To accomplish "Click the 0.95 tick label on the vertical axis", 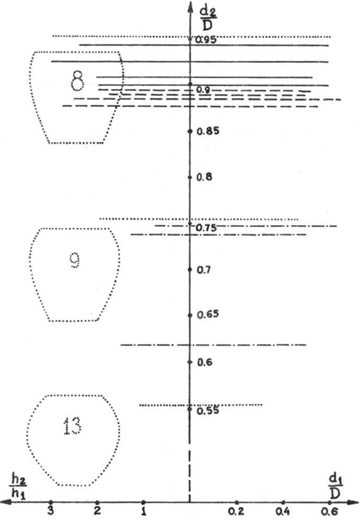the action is coord(206,40).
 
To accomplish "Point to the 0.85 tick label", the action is coord(208,131).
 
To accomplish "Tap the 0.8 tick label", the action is coord(204,177).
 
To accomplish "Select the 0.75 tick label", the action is coord(206,228).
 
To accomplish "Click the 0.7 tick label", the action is coord(204,270).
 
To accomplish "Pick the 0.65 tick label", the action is coord(208,314).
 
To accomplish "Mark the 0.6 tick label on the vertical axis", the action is coord(205,362).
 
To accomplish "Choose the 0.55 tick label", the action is coord(208,411).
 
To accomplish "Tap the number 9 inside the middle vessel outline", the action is coord(75,260).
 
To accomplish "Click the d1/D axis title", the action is coord(335,487).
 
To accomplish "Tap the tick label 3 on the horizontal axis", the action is coord(50,511).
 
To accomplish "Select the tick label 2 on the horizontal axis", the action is coord(97,511).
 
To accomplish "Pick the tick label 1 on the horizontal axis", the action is coord(143,511).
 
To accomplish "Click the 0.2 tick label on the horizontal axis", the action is coord(236,512).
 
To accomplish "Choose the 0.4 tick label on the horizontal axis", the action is coord(283,512).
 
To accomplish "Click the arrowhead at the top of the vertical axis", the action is coord(190,7).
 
